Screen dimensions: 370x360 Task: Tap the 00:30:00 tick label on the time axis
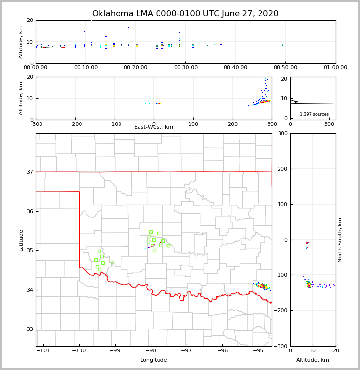(185, 68)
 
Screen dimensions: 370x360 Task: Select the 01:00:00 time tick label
(335, 68)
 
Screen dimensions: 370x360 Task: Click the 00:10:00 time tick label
(85, 68)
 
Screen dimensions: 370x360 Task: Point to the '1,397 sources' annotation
(314, 114)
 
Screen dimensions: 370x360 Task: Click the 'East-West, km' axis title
(154, 127)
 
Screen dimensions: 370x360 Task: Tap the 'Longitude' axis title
(154, 360)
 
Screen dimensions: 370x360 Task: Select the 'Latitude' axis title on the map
(21, 240)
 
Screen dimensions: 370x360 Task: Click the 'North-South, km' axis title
(340, 240)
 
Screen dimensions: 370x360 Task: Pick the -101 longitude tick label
(43, 351)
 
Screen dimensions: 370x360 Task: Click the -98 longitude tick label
(151, 351)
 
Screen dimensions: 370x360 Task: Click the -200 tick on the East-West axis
(74, 124)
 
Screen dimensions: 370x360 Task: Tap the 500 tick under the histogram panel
(329, 124)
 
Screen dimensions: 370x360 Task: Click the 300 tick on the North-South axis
(281, 134)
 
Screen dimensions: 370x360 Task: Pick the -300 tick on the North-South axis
(280, 346)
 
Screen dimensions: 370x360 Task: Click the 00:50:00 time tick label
(285, 68)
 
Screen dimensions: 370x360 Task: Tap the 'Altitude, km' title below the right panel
(313, 360)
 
